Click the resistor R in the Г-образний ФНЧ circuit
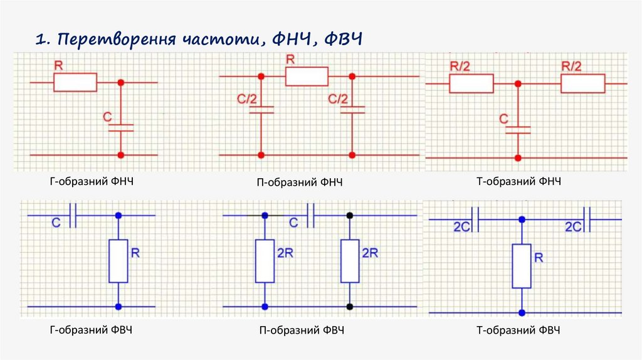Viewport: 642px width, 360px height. [x=75, y=82]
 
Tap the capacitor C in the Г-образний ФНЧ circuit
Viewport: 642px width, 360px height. [x=120, y=127]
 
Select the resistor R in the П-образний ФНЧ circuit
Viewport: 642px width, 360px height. [x=307, y=77]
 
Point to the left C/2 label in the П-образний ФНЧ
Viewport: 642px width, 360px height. [x=246, y=98]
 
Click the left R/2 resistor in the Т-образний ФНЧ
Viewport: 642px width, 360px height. [x=471, y=83]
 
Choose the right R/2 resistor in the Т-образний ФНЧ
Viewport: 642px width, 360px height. [x=582, y=83]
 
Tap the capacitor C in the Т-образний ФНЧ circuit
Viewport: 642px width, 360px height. [x=518, y=130]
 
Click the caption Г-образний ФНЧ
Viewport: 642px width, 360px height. [x=92, y=181]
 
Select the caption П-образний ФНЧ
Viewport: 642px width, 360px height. [x=300, y=183]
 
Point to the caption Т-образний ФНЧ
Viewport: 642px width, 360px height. [x=518, y=181]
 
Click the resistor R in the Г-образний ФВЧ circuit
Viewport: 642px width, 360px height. [x=118, y=261]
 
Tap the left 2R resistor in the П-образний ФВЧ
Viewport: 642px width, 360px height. [x=265, y=261]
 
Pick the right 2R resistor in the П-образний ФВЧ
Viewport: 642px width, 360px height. [x=350, y=261]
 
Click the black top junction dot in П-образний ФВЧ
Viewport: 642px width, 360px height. [x=350, y=215]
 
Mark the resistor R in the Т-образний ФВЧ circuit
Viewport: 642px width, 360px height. [x=522, y=266]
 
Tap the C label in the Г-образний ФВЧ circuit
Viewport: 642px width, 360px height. [x=56, y=222]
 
